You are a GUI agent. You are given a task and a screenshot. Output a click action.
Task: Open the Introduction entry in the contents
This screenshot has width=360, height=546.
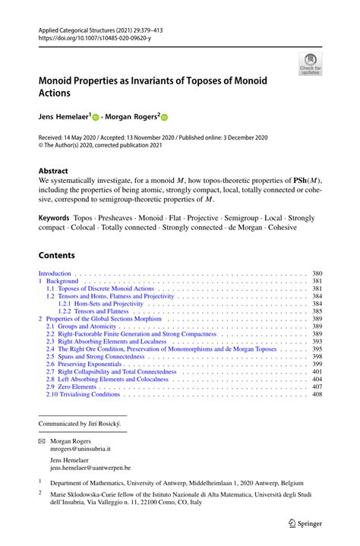[x=55, y=273]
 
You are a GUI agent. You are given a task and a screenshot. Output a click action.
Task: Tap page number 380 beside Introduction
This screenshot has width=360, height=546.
[x=317, y=273]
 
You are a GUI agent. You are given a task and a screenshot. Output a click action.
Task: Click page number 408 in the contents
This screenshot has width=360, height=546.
[x=317, y=395]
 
